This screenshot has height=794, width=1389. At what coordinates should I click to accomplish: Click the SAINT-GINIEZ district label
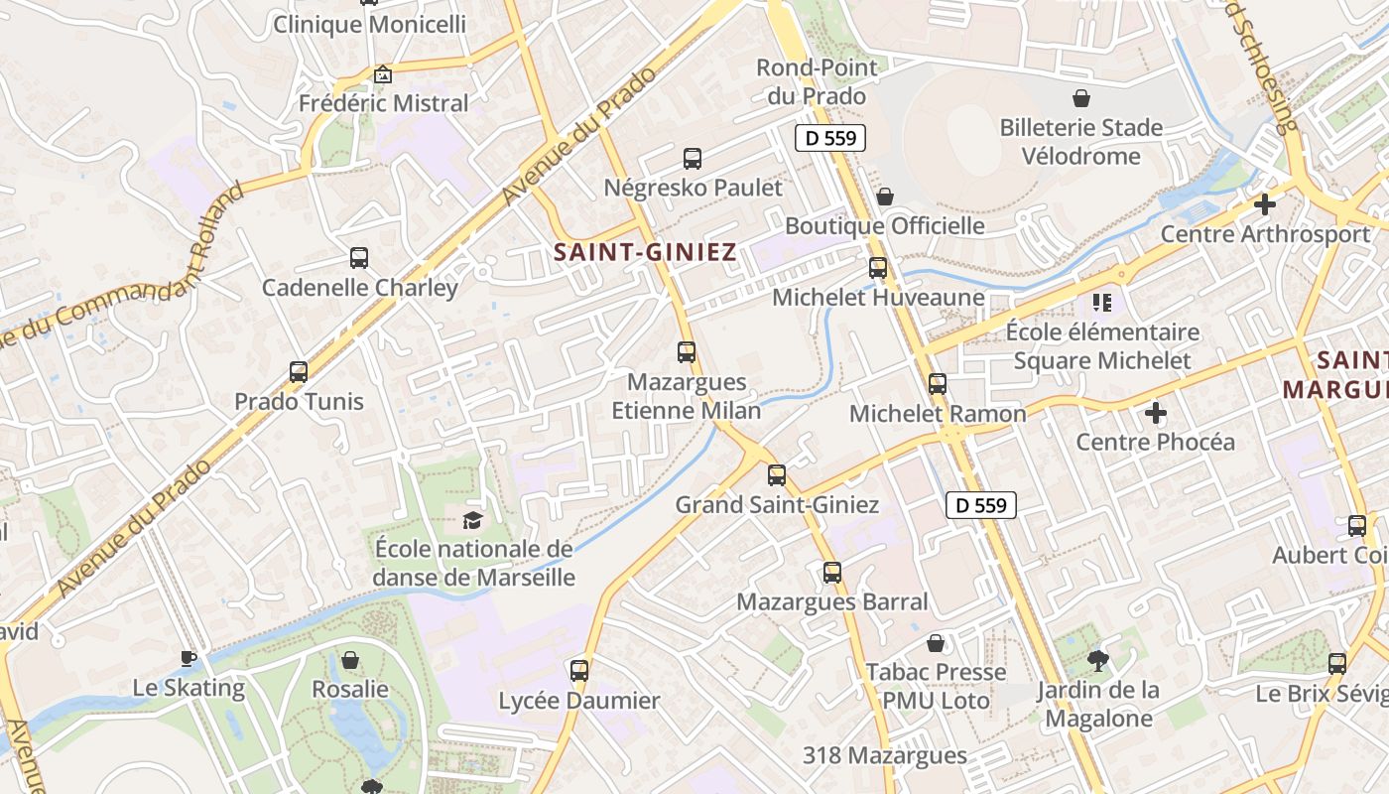tap(645, 252)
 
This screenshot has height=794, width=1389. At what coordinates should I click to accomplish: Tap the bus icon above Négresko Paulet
tap(693, 158)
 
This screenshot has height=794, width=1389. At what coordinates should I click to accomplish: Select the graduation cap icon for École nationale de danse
tap(473, 519)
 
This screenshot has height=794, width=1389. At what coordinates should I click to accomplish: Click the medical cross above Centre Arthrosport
tap(1264, 204)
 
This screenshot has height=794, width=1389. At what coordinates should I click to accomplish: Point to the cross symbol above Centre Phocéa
tap(1155, 412)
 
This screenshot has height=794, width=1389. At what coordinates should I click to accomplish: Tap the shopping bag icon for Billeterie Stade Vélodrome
tap(1081, 98)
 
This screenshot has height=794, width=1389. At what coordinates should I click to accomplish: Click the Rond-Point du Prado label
tap(817, 81)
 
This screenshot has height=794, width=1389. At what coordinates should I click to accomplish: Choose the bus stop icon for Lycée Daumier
tap(579, 670)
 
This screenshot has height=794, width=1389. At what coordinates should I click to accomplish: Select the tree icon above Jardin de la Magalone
tap(1098, 660)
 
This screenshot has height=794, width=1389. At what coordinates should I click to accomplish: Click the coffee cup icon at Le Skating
tap(189, 657)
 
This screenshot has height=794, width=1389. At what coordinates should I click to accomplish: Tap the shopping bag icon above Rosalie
tap(350, 659)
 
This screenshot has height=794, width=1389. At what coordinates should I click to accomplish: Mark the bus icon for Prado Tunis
tap(299, 372)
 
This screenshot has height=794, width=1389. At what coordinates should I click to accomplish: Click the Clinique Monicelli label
tap(369, 25)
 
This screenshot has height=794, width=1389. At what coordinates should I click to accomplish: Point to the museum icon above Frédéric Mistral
tap(383, 74)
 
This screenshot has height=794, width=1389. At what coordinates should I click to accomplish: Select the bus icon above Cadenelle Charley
tap(359, 258)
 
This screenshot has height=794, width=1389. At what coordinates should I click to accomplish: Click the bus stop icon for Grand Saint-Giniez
tap(777, 474)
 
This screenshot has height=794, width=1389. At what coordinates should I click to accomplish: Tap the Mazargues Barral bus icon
tap(832, 572)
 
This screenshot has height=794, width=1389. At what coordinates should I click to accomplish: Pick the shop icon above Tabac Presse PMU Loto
tap(935, 643)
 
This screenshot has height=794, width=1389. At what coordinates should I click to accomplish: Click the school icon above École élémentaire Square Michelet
tap(1101, 302)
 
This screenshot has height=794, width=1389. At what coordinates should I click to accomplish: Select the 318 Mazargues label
tap(885, 755)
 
